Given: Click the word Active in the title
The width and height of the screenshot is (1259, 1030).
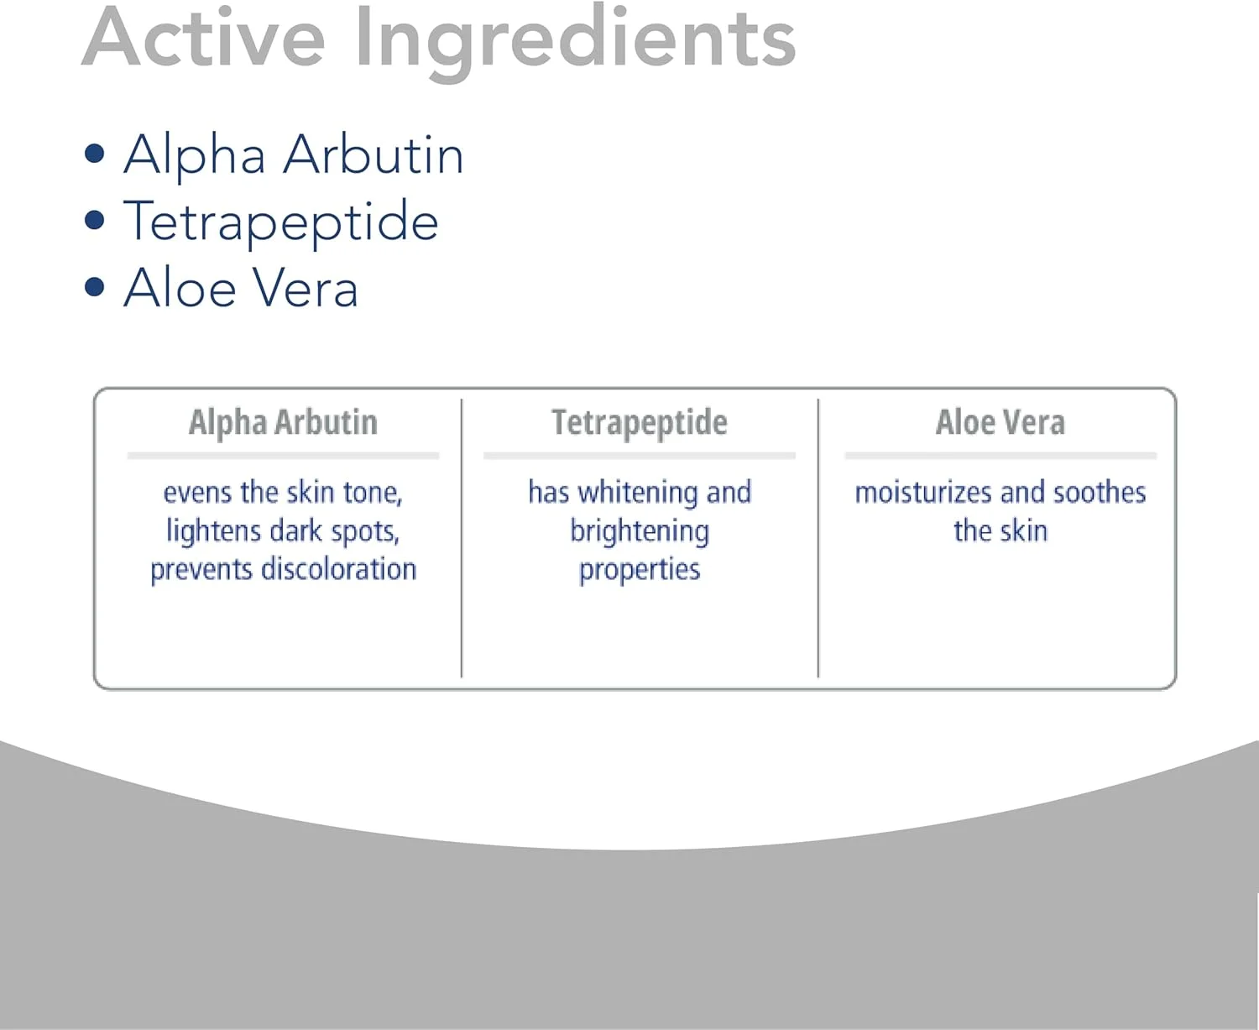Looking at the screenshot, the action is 204,37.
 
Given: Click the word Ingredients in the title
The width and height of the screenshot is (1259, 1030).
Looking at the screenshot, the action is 575,43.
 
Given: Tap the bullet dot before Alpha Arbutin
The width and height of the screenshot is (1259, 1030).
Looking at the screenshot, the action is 95,154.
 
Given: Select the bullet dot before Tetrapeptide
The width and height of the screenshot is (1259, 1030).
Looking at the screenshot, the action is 95,220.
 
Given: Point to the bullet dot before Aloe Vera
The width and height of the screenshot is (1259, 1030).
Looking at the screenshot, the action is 95,287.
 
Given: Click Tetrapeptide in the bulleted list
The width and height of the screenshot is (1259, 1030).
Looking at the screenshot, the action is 281,224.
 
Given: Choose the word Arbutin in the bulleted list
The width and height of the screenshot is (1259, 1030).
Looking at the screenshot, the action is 374,154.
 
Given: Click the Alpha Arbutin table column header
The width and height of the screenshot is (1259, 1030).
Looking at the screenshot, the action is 284,423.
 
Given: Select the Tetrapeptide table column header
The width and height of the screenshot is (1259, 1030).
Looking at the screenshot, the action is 640,424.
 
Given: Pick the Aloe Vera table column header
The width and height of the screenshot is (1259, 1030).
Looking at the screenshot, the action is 1000,423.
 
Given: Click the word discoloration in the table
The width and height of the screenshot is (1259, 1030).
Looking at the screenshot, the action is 339,568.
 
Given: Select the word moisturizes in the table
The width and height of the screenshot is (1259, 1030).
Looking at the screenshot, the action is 923,493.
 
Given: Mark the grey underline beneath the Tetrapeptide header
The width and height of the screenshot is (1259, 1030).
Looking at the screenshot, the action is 640,456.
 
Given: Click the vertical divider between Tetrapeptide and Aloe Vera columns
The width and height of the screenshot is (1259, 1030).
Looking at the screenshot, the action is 818,538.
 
